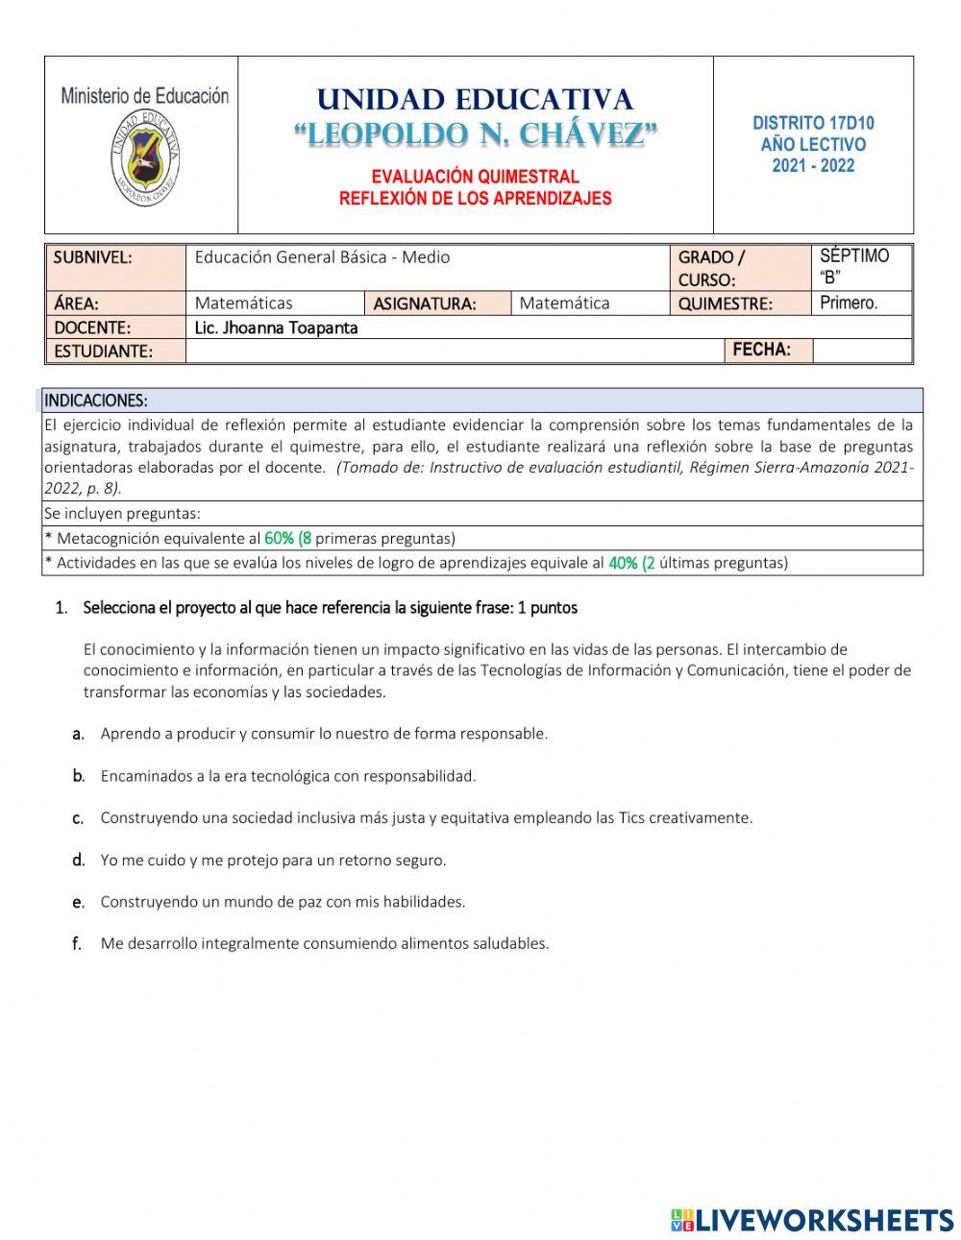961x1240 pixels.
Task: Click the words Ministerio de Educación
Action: [x=144, y=96]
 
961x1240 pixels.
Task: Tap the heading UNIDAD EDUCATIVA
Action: [x=475, y=100]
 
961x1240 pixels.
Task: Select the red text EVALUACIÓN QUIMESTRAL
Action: [x=475, y=177]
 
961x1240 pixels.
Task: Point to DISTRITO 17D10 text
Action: [x=813, y=123]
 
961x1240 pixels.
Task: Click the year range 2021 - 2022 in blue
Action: [x=813, y=165]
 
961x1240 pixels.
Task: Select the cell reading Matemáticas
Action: [x=244, y=304]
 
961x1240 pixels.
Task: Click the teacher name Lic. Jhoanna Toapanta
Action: [x=277, y=328]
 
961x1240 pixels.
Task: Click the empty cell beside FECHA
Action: [x=861, y=351]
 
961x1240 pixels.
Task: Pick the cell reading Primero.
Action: [x=850, y=304]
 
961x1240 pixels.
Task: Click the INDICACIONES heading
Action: [x=96, y=400]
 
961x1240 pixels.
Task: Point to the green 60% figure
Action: [x=280, y=539]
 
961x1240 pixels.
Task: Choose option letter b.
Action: [x=79, y=776]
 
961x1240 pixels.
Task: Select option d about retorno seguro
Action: [x=273, y=861]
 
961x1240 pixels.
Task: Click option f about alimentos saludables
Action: [x=324, y=944]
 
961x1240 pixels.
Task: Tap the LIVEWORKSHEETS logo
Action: [x=812, y=1220]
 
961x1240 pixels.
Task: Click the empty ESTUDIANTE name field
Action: [x=452, y=352]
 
